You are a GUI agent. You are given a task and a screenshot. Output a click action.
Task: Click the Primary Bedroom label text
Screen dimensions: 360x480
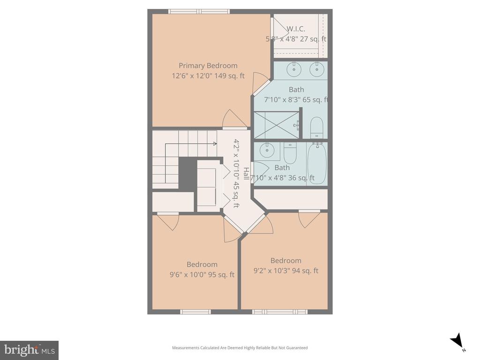coord(208,66)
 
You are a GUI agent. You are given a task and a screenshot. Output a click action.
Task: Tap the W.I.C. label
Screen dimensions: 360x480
coord(296,29)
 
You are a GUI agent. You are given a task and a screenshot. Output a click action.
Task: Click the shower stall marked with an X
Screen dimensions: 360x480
coord(276,125)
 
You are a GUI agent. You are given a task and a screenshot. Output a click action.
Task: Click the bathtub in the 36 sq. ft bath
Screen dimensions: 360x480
coord(317,164)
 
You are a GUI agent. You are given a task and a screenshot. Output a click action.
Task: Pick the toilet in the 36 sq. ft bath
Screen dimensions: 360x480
coord(290,152)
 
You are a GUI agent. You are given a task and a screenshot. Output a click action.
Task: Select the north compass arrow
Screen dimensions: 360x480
coord(457,341)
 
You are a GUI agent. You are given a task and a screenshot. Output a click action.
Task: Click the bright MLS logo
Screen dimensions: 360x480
coord(29,350)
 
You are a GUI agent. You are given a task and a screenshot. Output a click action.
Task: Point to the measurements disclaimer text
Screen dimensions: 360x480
coord(240,348)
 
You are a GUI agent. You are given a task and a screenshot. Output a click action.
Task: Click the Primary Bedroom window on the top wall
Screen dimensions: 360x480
coord(199,12)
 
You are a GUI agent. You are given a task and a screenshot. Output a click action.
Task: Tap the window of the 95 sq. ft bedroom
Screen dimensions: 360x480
coord(195,312)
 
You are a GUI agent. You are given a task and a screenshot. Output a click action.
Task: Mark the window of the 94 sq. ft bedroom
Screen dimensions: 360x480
coord(279,312)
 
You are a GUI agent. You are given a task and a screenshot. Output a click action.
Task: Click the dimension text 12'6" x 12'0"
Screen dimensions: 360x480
coord(208,76)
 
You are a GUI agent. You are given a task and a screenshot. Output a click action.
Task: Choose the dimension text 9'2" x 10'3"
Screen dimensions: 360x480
coord(286,271)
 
